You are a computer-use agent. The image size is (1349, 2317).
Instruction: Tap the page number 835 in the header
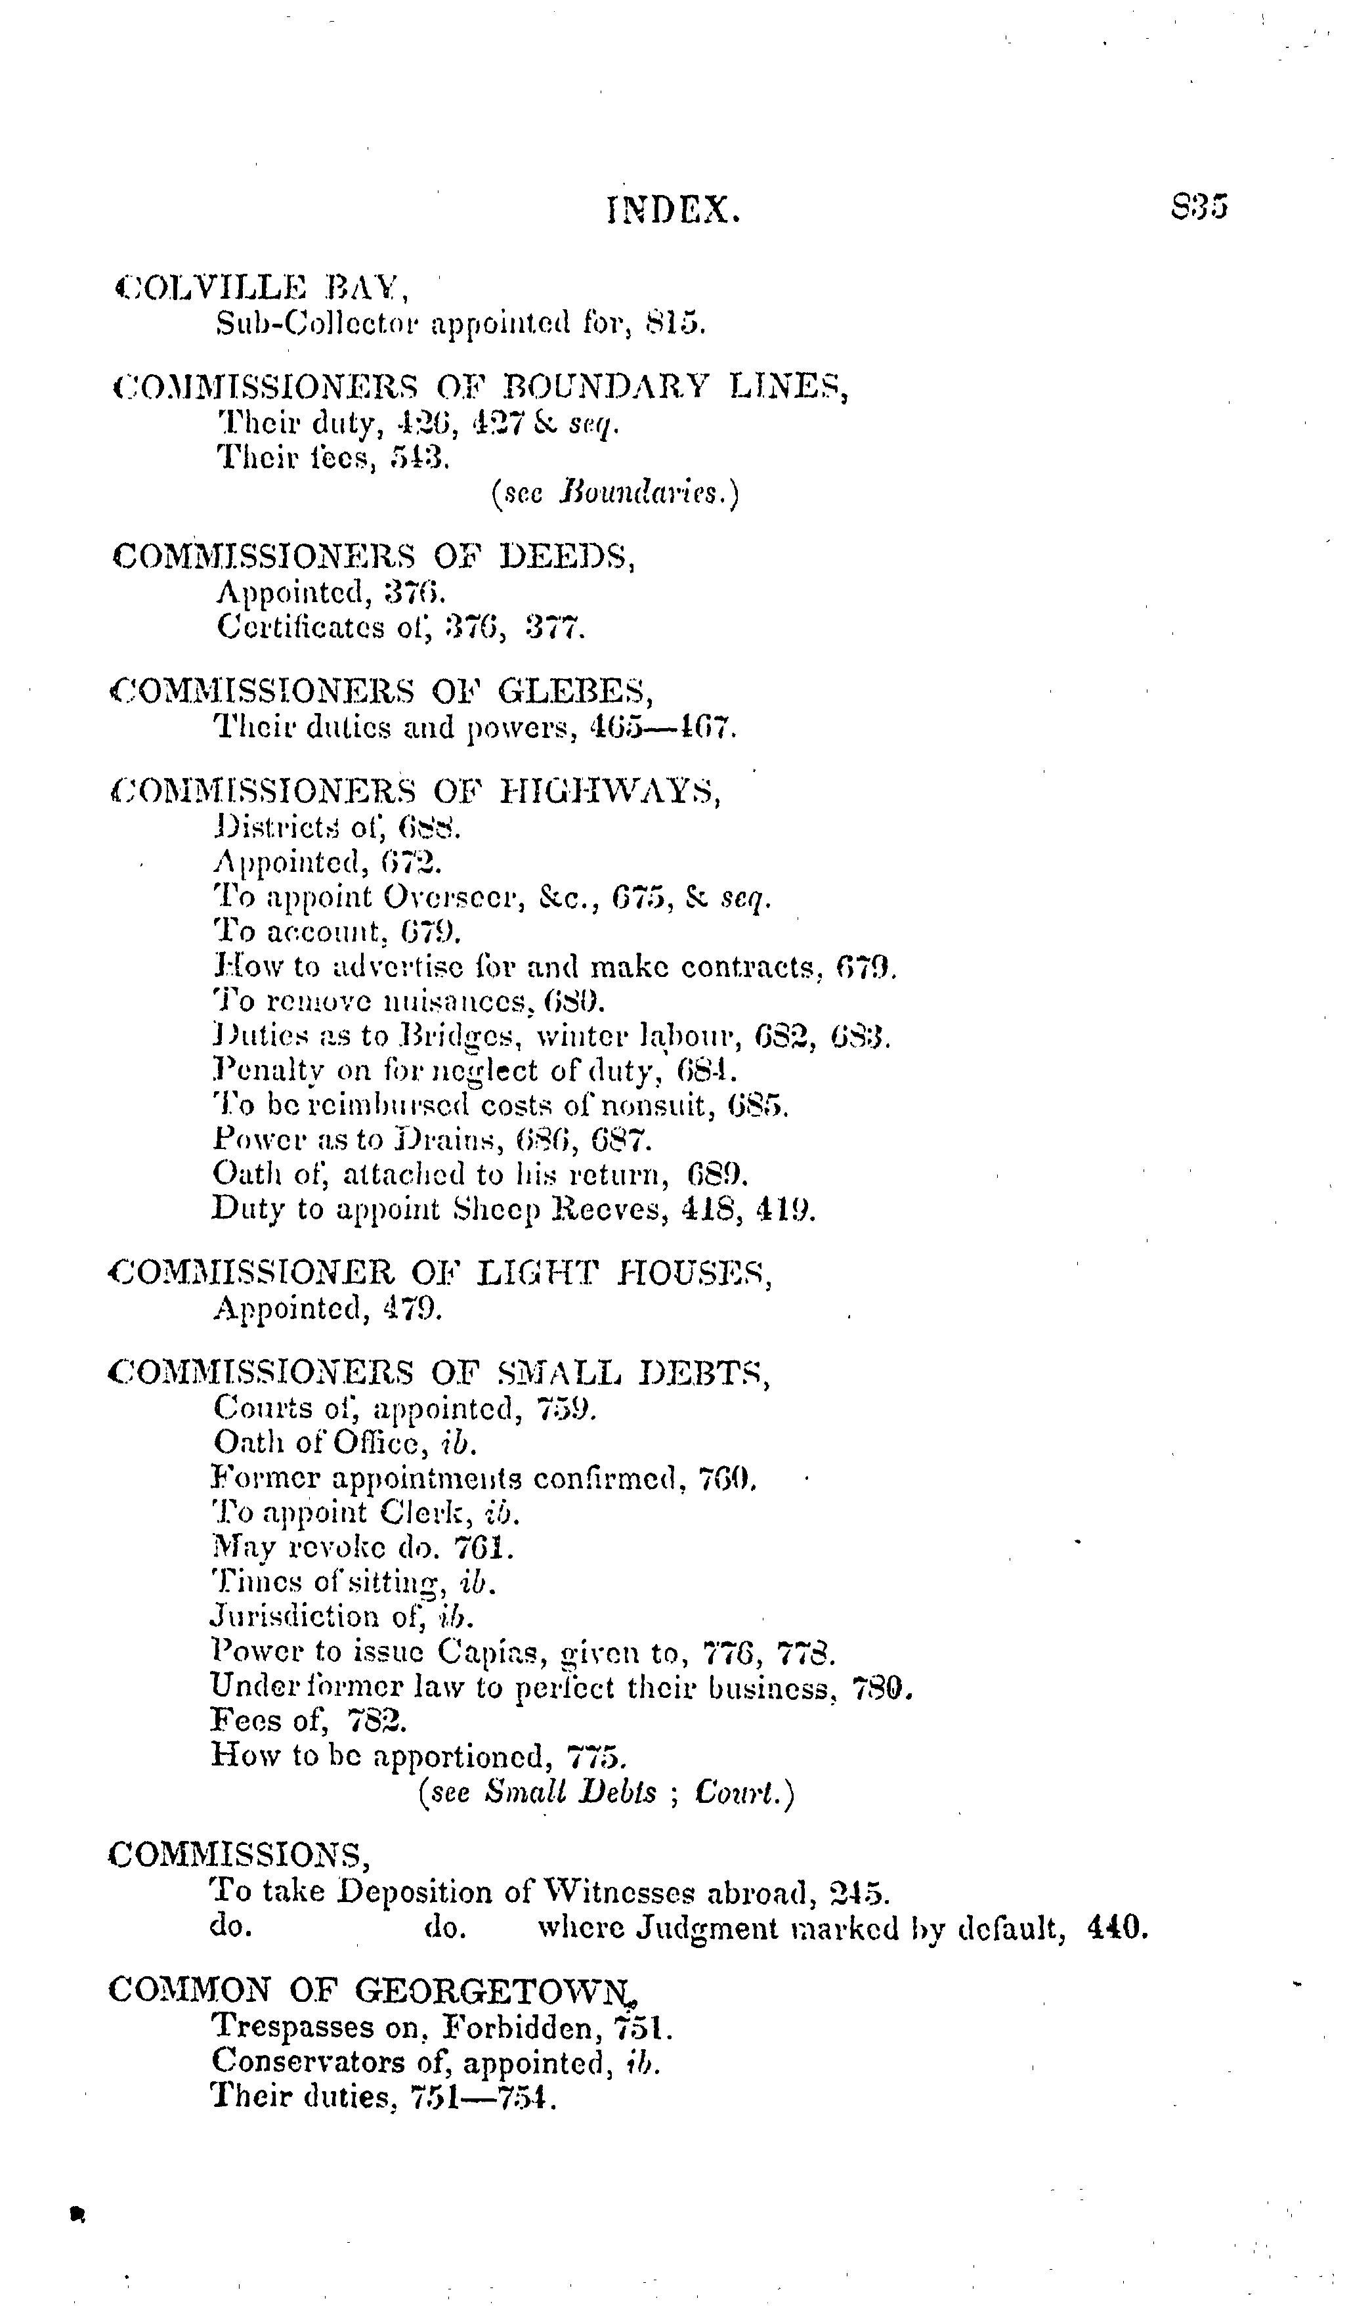pos(1199,207)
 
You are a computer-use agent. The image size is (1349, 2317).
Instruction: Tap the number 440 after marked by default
pos(1117,1926)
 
